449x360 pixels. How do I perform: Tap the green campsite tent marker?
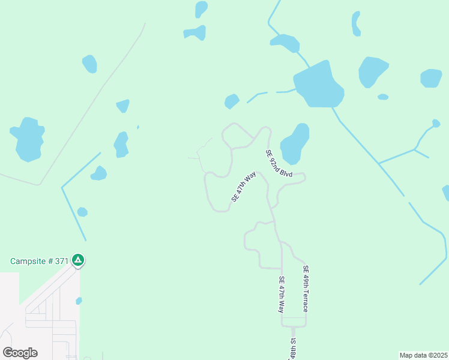[77, 260]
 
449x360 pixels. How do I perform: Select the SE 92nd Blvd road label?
[279, 163]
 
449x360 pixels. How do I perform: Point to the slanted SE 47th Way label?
[244, 187]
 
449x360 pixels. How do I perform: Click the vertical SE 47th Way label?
[281, 294]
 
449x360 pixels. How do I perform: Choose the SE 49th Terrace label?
[306, 289]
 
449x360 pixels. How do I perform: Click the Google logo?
[20, 353]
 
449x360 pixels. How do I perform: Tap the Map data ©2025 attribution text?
[423, 355]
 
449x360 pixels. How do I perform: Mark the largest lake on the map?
[318, 85]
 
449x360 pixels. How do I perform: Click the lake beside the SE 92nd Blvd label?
[295, 144]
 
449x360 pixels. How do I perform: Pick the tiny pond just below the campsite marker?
[79, 301]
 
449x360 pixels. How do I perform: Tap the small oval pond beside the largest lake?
[383, 97]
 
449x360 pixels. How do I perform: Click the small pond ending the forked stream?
[436, 124]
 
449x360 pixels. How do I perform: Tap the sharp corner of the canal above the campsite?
[62, 187]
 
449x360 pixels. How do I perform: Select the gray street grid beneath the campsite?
[51, 321]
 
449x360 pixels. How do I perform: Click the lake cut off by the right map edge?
[446, 193]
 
